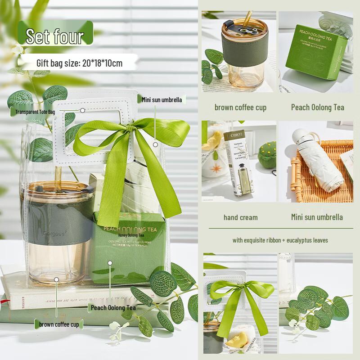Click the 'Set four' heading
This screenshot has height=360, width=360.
pyautogui.click(x=55, y=36)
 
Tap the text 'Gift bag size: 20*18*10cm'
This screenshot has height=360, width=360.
pyautogui.click(x=79, y=63)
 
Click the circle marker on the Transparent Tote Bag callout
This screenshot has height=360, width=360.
pyautogui.click(x=82, y=110)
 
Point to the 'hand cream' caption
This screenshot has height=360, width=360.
pyautogui.click(x=241, y=217)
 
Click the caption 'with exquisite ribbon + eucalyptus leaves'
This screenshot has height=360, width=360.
pyautogui.click(x=280, y=240)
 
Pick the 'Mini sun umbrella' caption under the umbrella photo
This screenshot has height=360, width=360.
pyautogui.click(x=317, y=217)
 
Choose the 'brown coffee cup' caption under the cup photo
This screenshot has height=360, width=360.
pyautogui.click(x=240, y=107)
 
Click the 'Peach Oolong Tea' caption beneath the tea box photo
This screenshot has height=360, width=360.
pyautogui.click(x=317, y=107)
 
